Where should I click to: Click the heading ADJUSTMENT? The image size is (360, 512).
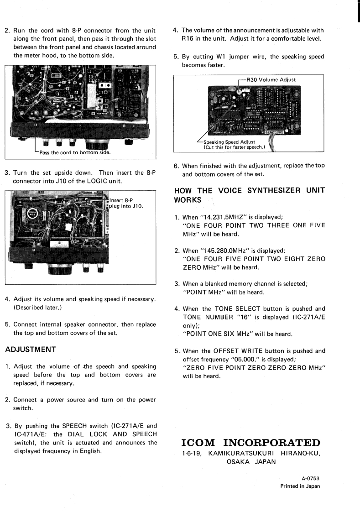[30, 350]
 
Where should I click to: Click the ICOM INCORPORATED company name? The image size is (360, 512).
[250, 443]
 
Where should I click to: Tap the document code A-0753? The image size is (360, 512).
[310, 478]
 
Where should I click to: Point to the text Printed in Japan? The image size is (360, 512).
[300, 486]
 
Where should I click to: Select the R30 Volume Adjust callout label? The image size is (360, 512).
[271, 79]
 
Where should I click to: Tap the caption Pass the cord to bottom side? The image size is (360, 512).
[75, 152]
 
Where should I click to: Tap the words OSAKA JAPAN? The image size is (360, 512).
[250, 461]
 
